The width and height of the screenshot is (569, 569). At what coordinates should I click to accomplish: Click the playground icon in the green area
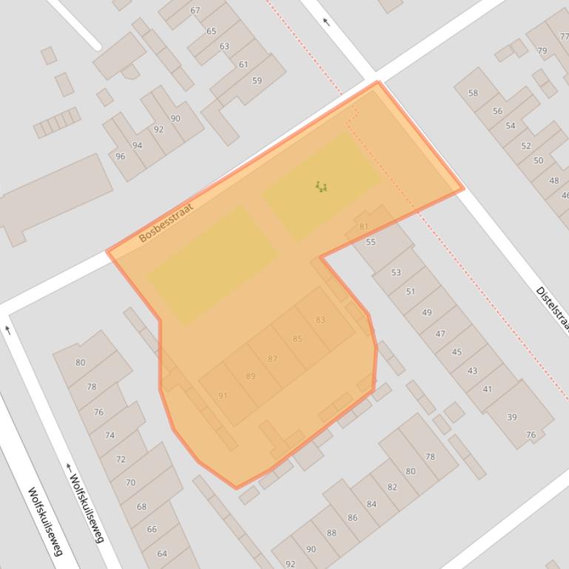[x=320, y=187]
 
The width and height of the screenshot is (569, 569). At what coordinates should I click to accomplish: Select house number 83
[x=320, y=320]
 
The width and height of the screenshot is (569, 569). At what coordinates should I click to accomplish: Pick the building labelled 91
[x=223, y=396]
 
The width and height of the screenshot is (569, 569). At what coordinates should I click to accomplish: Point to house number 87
[x=272, y=359]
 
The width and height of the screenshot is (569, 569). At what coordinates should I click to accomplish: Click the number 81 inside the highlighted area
[x=363, y=227]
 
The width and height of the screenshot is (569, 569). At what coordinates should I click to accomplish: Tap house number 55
[x=371, y=242]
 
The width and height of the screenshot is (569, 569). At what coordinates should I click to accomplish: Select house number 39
[x=511, y=418]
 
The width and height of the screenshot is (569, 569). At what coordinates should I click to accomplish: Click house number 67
[x=195, y=10]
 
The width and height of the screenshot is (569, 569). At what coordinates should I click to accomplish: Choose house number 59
[x=257, y=81]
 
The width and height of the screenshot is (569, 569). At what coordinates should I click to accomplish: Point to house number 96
[x=121, y=157]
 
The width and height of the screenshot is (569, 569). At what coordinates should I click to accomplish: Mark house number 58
[x=473, y=93]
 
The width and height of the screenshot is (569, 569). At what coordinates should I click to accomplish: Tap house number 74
[x=110, y=435]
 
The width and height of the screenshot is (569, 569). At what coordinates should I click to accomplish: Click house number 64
[x=162, y=553]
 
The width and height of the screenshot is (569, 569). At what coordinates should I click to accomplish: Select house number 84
[x=371, y=504]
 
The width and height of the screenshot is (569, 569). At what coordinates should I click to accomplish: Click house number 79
[x=542, y=51]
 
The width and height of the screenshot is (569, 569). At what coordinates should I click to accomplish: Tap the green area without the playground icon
[x=212, y=264]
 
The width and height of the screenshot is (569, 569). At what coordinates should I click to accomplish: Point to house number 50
[x=538, y=160]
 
